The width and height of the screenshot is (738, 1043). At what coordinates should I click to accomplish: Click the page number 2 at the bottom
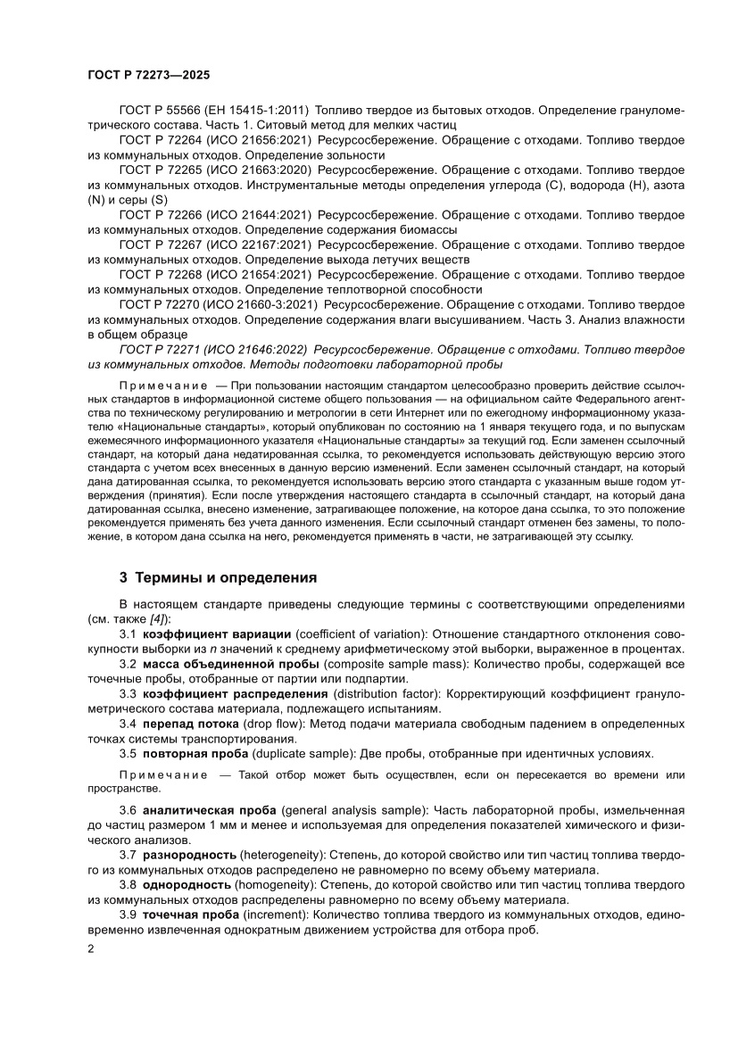91,951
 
